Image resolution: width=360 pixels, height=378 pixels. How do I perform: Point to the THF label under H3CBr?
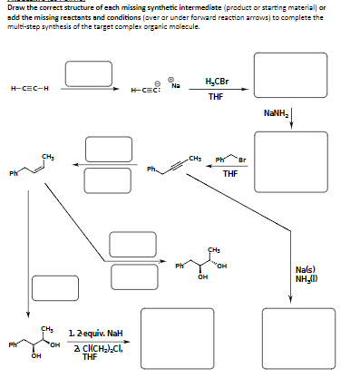click(217, 96)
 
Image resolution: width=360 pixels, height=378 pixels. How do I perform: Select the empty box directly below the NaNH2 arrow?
click(289, 158)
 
